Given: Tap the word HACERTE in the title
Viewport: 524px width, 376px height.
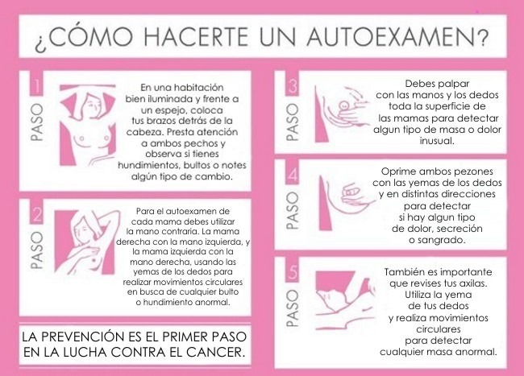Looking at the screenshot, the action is click(x=196, y=36).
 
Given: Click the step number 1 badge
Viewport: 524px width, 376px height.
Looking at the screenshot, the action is click(x=36, y=84).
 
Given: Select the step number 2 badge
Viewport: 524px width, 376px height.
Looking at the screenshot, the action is click(x=36, y=212).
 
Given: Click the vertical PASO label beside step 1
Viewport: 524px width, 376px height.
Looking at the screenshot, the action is click(x=37, y=122).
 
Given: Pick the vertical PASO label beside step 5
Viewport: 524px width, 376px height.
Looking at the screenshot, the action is click(x=293, y=308).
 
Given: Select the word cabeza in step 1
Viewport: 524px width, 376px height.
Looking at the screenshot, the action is click(x=145, y=132).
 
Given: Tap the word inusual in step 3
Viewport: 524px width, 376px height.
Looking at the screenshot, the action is click(x=437, y=140).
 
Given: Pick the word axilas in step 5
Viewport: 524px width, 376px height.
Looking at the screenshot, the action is click(x=473, y=283).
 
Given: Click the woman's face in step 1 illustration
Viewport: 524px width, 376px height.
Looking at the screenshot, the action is click(x=91, y=105).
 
